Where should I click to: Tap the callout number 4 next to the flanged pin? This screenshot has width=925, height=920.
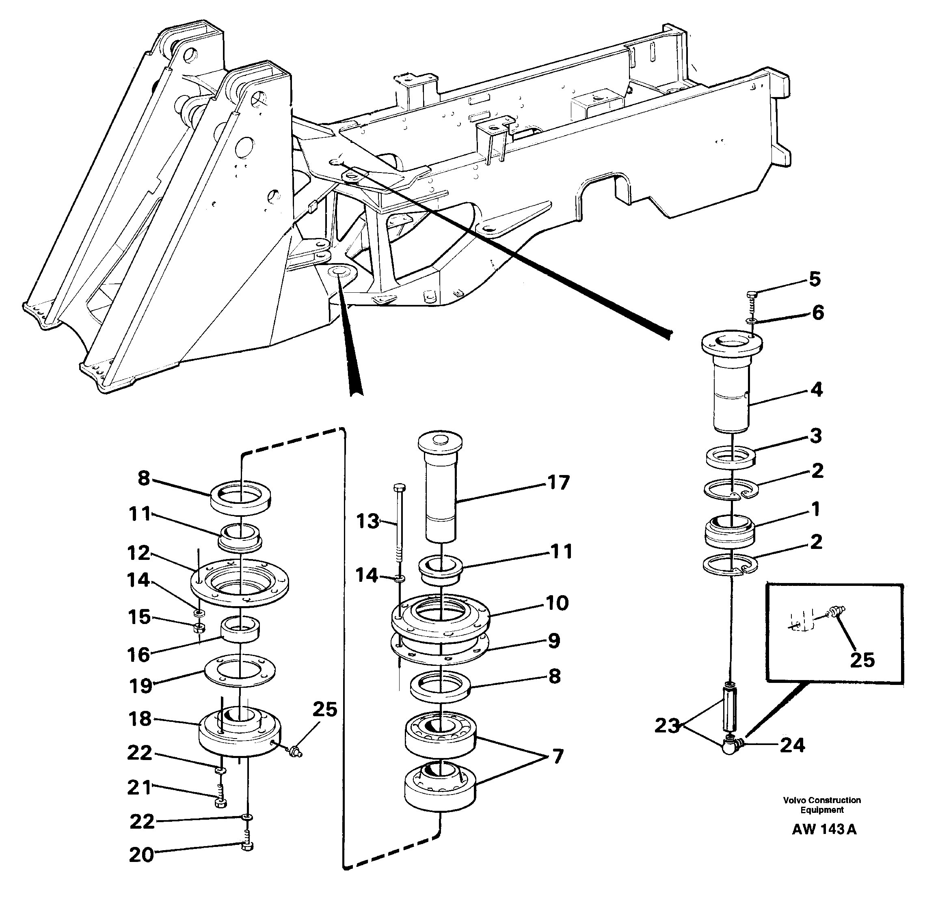tap(816, 390)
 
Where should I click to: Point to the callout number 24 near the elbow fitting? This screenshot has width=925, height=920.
tap(792, 745)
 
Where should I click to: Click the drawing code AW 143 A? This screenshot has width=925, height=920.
tap(823, 829)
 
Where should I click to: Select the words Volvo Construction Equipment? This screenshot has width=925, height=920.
tap(822, 805)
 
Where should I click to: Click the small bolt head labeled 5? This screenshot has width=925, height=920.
tap(751, 294)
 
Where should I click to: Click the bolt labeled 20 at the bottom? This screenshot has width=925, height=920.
tap(247, 846)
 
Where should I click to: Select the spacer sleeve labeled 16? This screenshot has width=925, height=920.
tap(240, 631)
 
